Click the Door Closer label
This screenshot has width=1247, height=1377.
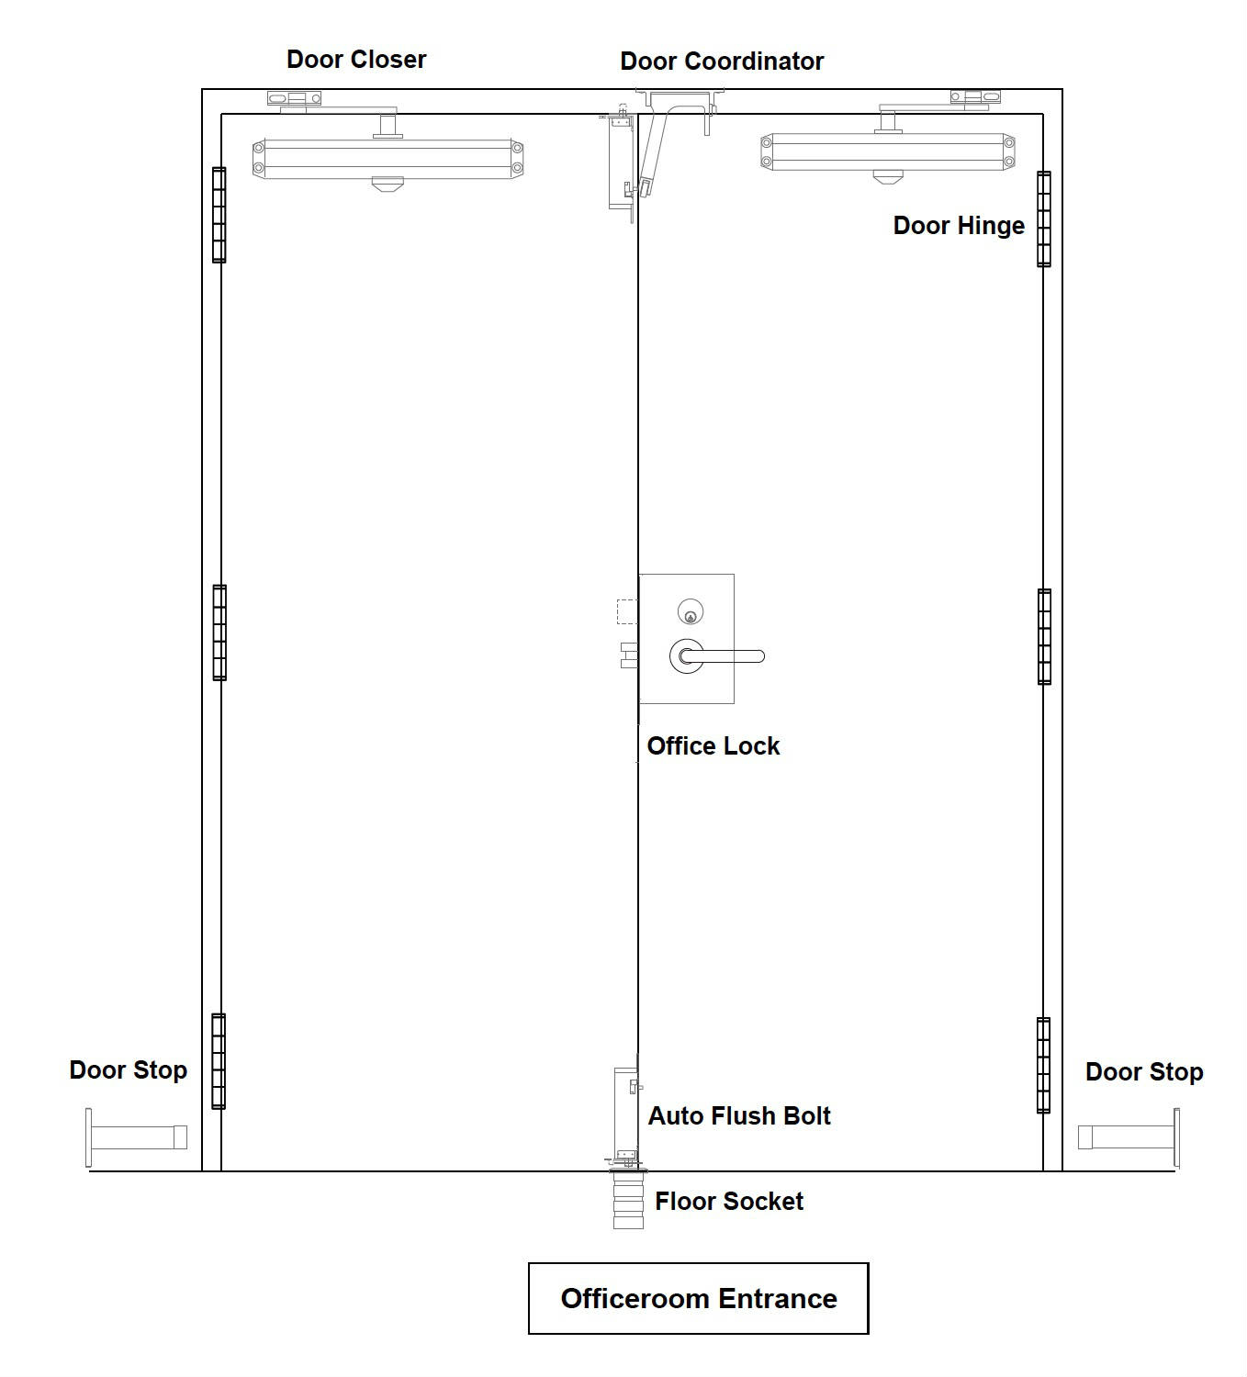(x=355, y=60)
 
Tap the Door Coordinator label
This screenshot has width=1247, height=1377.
(x=722, y=62)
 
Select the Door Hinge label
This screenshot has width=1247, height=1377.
(x=959, y=226)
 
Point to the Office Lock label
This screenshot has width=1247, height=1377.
(x=713, y=746)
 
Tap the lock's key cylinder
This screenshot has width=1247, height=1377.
(x=691, y=611)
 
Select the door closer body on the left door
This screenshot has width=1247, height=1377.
(x=388, y=159)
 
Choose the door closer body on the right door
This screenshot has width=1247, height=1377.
(x=888, y=151)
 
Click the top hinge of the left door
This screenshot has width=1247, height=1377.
(x=219, y=215)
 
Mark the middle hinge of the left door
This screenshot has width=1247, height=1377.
(x=219, y=633)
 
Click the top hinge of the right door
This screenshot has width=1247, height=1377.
(x=1044, y=219)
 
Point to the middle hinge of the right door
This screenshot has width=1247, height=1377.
(x=1044, y=637)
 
